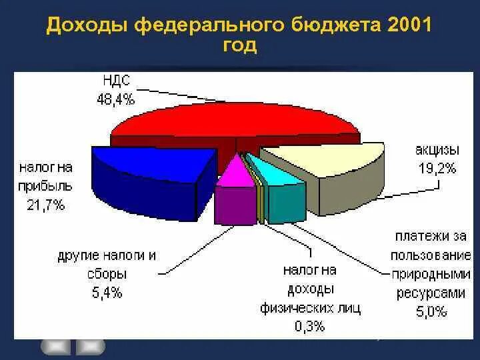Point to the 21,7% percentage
pos(46,205)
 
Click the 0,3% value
pos(310,326)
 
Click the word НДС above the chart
pos(117,81)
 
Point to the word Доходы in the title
pos(88,26)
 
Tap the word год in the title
pos(239,47)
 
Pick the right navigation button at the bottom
pos(91,346)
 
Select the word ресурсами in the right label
pos(431,292)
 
